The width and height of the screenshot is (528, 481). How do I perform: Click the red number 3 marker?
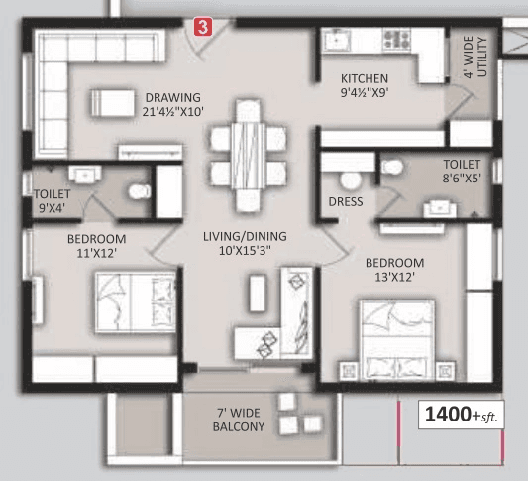pos(203,28)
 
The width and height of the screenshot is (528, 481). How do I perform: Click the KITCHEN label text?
pos(365,85)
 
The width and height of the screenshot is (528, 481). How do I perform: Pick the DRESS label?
pos(346,202)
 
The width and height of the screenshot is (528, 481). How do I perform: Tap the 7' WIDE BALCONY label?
pos(239,420)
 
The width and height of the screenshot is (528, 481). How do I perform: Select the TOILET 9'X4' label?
pos(53,202)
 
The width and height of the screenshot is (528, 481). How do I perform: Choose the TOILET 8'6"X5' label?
pos(462,171)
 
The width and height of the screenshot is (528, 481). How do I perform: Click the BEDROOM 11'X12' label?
pos(96,246)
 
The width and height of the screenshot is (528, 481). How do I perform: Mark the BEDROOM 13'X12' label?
pos(394,270)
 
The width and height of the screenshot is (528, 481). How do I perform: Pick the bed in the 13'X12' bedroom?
pos(396,337)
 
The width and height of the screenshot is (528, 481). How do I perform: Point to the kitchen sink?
pos(335,41)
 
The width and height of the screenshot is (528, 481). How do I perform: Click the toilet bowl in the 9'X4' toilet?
pos(140,188)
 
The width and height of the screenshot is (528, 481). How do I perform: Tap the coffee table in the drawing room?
pos(111,103)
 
